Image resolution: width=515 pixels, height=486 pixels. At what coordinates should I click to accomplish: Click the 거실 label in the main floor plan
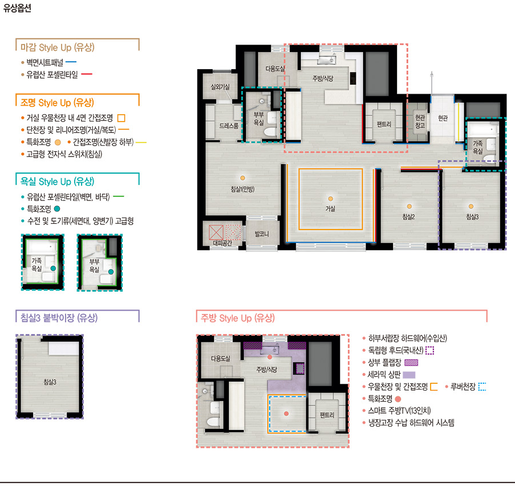[x=330, y=208]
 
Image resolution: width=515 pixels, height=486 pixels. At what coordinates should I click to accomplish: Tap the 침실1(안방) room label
[x=242, y=189]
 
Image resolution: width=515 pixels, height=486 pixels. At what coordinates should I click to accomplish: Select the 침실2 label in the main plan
[x=408, y=216]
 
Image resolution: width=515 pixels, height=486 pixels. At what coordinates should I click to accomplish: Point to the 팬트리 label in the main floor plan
[x=384, y=124]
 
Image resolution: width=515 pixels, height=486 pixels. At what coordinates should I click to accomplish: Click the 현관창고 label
[x=420, y=121]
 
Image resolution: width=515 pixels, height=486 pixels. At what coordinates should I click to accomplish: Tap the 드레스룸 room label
[x=229, y=126]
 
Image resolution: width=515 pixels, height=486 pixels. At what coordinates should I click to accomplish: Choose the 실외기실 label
[x=220, y=87]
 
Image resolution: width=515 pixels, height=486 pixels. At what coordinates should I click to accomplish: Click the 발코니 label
[x=262, y=234]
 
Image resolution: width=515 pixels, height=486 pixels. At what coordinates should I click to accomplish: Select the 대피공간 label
[x=222, y=243]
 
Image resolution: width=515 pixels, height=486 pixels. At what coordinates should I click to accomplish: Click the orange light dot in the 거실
[x=330, y=199]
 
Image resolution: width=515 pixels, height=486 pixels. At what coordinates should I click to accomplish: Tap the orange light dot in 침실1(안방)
[x=242, y=178]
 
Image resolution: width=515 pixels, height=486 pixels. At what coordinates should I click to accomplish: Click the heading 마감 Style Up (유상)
[x=58, y=47]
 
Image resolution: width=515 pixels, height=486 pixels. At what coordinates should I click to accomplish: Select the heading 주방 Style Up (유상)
[x=237, y=318]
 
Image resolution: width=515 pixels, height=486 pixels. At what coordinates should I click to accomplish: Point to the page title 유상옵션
[x=17, y=8]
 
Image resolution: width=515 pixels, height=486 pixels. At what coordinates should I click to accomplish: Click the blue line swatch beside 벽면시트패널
[x=71, y=62]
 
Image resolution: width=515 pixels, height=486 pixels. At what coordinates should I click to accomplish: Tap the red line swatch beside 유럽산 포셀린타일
[x=87, y=74]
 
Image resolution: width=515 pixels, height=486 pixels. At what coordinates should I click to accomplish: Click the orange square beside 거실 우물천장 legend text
[x=121, y=118]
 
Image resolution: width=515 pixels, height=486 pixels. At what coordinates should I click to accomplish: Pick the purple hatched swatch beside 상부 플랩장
[x=411, y=363]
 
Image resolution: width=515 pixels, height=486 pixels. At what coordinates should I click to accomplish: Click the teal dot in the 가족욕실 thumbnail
[x=53, y=268]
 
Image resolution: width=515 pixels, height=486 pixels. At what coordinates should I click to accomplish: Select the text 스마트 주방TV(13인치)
[x=399, y=411]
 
